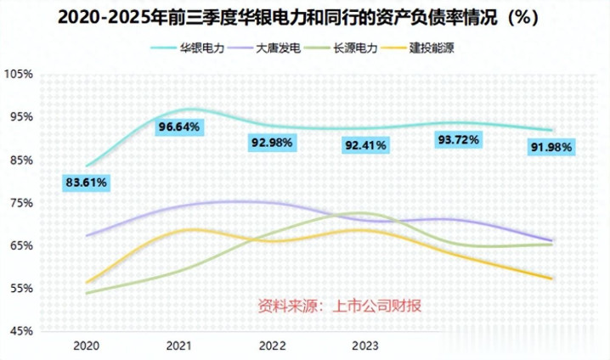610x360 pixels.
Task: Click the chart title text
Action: [x=304, y=16]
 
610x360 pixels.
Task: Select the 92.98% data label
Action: [x=273, y=143]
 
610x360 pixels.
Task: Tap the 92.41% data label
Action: [x=366, y=145]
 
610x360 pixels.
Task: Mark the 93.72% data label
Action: [x=458, y=138]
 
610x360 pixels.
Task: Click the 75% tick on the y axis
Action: [x=20, y=203]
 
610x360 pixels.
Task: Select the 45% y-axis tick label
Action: [x=20, y=331]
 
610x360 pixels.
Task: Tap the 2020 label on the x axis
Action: [x=88, y=346]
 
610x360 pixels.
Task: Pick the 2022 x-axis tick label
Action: [x=273, y=346]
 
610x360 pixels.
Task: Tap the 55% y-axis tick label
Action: [x=20, y=289]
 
